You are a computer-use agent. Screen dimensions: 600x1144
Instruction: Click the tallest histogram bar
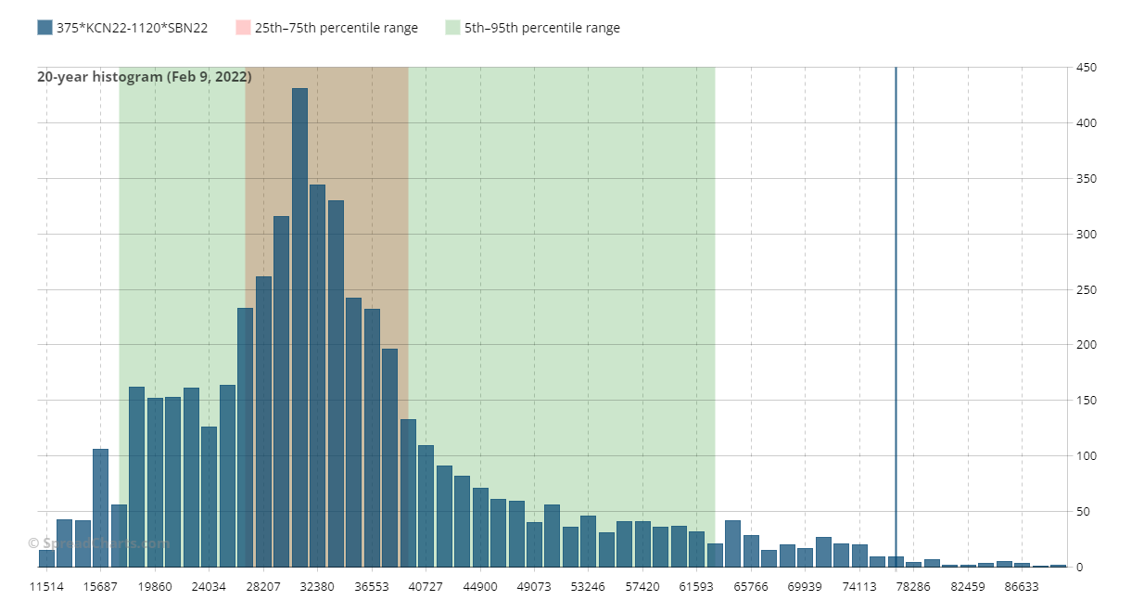click(299, 325)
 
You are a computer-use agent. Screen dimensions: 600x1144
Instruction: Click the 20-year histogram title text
click(144, 77)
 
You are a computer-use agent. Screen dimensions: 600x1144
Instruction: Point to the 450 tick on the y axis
click(1086, 68)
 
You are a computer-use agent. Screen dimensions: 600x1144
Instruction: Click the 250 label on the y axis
click(1086, 289)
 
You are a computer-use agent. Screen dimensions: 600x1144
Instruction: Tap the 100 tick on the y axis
click(1086, 456)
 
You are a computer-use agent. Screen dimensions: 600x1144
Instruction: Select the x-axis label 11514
click(46, 587)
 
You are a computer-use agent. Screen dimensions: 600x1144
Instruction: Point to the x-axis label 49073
click(534, 587)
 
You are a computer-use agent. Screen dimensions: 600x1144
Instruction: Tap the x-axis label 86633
click(1022, 587)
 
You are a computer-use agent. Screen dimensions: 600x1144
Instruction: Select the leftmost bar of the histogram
click(46, 558)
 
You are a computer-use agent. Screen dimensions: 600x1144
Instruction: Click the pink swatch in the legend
click(243, 28)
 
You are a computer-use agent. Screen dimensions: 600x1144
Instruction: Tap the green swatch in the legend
click(452, 28)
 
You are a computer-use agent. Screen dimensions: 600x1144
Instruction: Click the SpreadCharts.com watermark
click(98, 543)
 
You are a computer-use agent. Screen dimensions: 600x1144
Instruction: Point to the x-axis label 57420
click(642, 587)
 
